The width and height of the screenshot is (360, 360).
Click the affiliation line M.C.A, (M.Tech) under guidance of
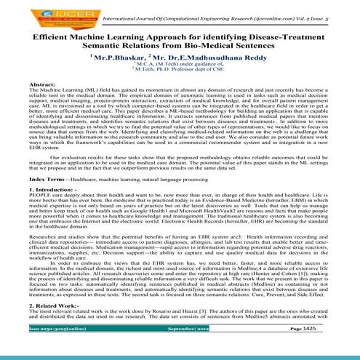point(179,65)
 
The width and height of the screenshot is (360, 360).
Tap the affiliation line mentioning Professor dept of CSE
point(179,71)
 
